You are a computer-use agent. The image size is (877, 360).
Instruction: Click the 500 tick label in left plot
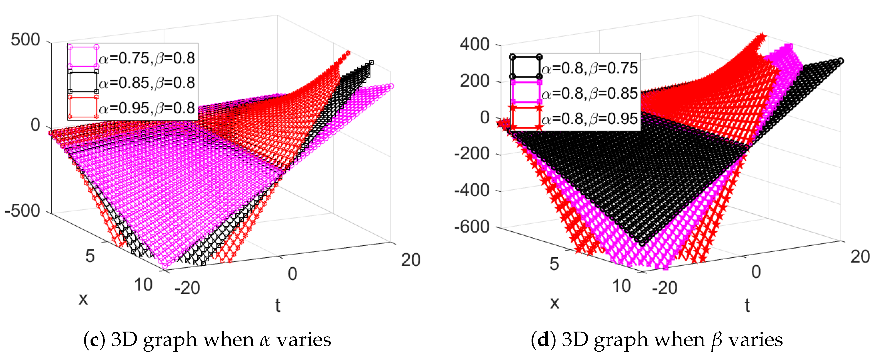pos(25,40)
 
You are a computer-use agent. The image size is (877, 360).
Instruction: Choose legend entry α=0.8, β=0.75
pos(589,68)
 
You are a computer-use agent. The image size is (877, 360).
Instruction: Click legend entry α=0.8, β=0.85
pos(589,93)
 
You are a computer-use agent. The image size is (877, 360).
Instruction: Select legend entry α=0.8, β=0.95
pos(589,118)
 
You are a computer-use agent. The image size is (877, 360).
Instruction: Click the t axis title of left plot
pos(277,305)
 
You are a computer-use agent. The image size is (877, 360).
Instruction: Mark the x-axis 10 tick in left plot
pos(143,285)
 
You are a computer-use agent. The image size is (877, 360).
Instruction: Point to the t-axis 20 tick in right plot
pos(860,256)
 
